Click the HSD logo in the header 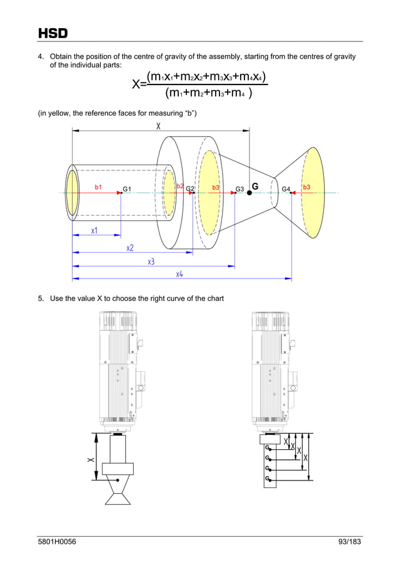pyautogui.click(x=53, y=33)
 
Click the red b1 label pyautogui.click(x=98, y=187)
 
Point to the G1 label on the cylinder pyautogui.click(x=127, y=189)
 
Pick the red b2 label pyautogui.click(x=180, y=186)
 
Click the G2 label pyautogui.click(x=190, y=189)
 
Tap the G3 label pyautogui.click(x=240, y=189)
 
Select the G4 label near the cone pyautogui.click(x=286, y=189)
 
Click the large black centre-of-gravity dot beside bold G pyautogui.click(x=250, y=193)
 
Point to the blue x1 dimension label pyautogui.click(x=94, y=231)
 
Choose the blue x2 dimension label pyautogui.click(x=130, y=248)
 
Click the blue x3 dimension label pyautogui.click(x=151, y=262)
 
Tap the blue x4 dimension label pyautogui.click(x=179, y=274)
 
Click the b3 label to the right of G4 pyautogui.click(x=306, y=187)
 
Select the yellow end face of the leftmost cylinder pyautogui.click(x=73, y=192)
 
